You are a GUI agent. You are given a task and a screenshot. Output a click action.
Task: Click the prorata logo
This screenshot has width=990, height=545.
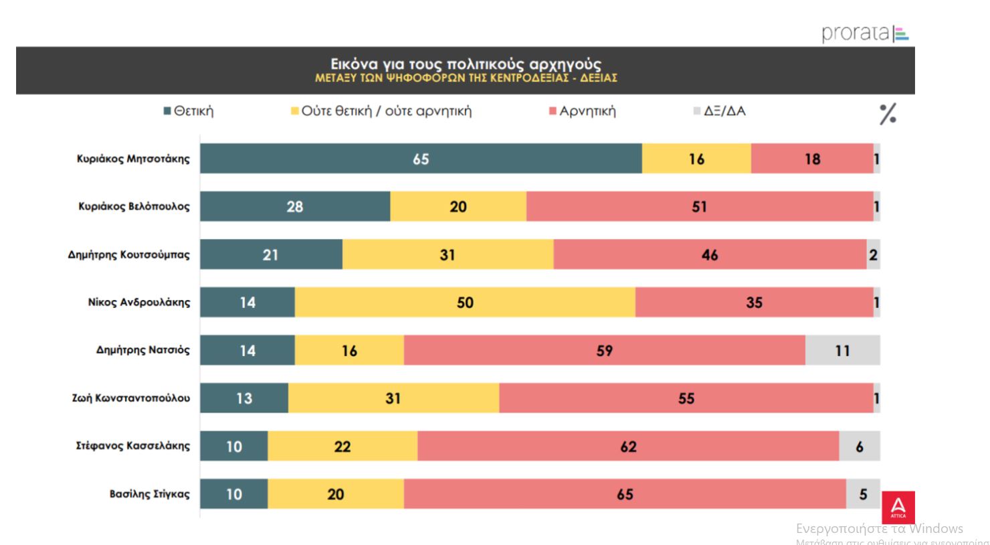click(865, 33)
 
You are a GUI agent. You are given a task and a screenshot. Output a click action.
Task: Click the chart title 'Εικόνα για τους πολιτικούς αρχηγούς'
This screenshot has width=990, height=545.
click(466, 64)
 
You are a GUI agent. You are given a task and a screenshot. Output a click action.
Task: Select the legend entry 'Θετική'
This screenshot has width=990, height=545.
click(189, 111)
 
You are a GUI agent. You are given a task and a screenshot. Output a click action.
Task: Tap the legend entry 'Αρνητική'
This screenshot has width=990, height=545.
click(582, 111)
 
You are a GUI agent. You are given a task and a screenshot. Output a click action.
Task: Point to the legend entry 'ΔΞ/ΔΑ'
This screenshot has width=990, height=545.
click(720, 111)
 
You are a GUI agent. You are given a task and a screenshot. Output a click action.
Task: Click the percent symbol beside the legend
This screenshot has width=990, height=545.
click(888, 114)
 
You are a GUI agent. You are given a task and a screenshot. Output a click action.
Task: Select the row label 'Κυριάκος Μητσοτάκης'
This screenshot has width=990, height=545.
click(133, 159)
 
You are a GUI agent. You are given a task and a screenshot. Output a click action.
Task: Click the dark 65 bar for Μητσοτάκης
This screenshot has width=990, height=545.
click(421, 159)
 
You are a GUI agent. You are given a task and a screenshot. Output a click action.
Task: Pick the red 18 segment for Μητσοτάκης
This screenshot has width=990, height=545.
click(812, 159)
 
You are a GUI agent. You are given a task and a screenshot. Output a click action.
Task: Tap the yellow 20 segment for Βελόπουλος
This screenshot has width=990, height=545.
click(458, 206)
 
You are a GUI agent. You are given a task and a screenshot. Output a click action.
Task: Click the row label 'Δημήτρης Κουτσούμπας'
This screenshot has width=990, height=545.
click(128, 254)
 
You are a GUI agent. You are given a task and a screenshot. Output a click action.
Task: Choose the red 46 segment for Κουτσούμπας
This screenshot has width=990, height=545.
click(710, 254)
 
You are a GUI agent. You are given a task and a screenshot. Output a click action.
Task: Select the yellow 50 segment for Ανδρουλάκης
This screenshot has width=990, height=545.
click(465, 302)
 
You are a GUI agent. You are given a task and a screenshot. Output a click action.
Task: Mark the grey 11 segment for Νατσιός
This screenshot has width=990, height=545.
click(842, 350)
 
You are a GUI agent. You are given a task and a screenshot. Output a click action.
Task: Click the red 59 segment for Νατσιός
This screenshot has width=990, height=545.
click(604, 350)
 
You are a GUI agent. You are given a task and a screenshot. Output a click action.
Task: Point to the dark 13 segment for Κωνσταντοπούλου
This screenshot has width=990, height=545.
click(244, 398)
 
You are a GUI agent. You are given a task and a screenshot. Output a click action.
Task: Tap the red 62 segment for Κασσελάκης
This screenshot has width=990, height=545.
click(628, 446)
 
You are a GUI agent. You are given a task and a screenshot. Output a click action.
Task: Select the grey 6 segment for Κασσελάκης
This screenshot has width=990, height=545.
click(860, 446)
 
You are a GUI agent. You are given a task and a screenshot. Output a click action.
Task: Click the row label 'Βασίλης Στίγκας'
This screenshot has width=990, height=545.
click(149, 494)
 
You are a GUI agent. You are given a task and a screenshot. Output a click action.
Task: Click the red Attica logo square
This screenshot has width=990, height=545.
click(898, 508)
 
